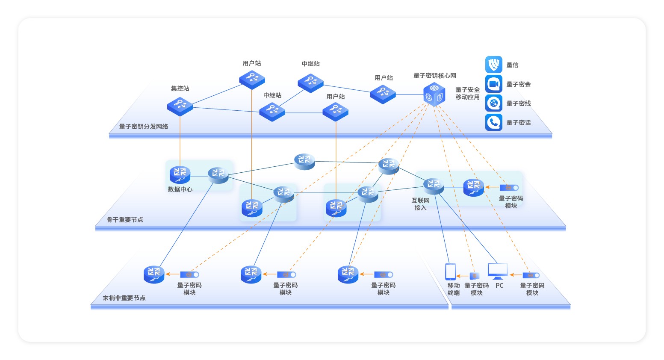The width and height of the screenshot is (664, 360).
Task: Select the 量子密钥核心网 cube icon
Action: point(434,94)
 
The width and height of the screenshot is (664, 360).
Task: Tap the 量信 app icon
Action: point(493,65)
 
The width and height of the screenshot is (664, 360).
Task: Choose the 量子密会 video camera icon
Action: point(493,84)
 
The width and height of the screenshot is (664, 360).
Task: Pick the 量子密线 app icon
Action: point(493,103)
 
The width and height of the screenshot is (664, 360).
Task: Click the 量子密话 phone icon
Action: point(493,122)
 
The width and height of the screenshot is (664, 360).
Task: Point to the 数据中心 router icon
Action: point(180,174)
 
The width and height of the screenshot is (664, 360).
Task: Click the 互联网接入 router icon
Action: point(434,186)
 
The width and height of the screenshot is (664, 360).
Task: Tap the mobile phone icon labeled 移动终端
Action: point(450,271)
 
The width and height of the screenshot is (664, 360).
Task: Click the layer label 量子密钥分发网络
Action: point(144,127)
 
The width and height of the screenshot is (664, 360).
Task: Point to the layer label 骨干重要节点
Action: point(125,220)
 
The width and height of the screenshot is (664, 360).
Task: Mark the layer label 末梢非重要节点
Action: point(124,298)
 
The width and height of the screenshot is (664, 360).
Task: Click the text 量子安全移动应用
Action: point(467,93)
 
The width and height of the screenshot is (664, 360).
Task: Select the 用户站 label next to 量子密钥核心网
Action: point(384,78)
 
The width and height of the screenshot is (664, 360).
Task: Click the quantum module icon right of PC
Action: point(531,275)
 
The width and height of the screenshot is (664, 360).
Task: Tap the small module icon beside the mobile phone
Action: point(474,276)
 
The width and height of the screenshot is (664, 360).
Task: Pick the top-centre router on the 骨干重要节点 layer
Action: point(304,161)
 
